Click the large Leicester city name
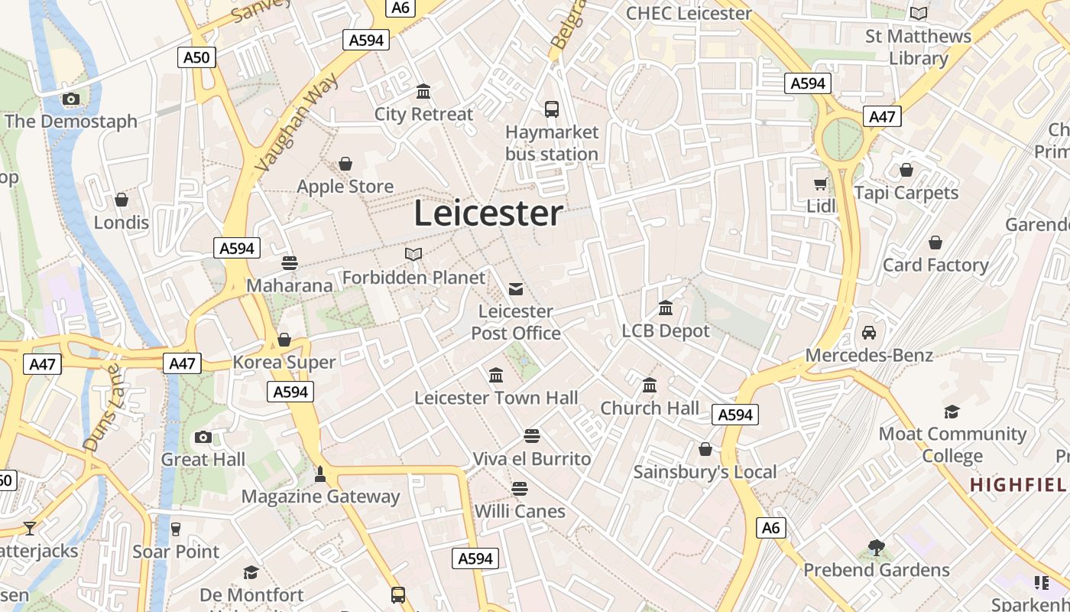(488, 213)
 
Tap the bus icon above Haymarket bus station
(552, 109)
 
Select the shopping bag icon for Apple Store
(345, 164)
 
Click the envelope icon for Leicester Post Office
(516, 289)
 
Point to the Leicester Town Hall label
(496, 398)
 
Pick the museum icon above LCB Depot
(666, 308)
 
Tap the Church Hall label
(650, 408)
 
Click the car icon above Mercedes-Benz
(869, 333)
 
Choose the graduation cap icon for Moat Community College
(952, 412)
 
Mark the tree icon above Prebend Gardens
(877, 548)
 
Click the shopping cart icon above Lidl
(821, 184)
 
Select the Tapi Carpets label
(906, 192)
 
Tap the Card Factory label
(935, 265)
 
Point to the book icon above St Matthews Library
(919, 13)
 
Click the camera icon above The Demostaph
(71, 99)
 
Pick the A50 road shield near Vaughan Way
(196, 57)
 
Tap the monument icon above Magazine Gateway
(320, 474)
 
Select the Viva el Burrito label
(532, 458)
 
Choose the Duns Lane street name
(102, 407)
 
